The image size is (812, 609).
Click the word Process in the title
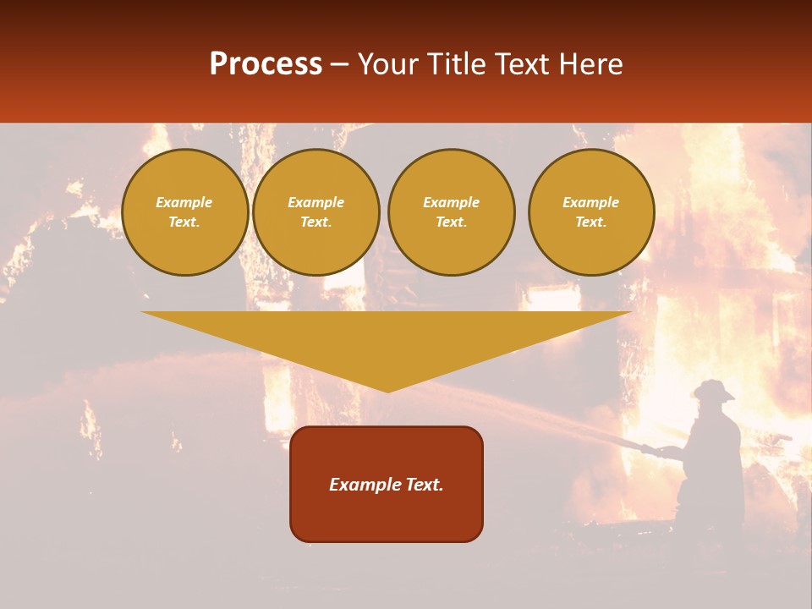pos(266,64)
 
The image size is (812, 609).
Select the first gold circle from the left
pos(184,212)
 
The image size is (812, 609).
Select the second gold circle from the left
pos(315,212)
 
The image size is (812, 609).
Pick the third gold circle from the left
pos(451,212)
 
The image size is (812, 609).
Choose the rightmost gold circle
pos(590,212)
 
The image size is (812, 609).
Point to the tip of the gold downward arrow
pos(387,391)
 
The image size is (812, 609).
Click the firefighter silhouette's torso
pos(715,448)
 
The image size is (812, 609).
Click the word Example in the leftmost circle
pos(184,202)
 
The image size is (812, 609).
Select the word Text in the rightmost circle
pos(590,222)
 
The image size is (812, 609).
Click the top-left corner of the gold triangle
pos(142,312)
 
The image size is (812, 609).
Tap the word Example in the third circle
pos(451,202)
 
